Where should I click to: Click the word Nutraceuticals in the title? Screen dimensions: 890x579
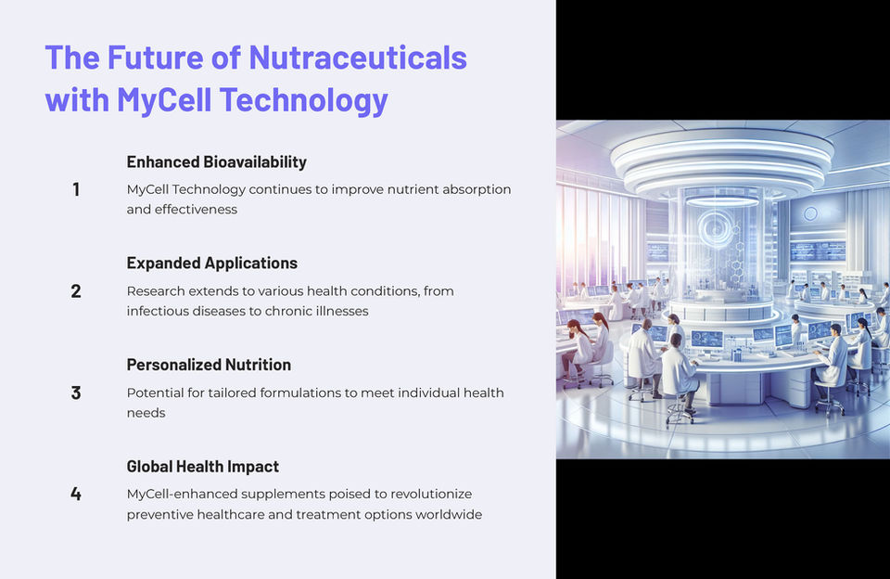[x=358, y=58]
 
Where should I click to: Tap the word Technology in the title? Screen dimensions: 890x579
[x=304, y=100]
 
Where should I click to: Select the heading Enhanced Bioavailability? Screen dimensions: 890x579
[x=216, y=162]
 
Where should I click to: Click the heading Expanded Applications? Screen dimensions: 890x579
[x=211, y=264]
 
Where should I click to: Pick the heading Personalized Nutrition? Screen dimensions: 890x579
[x=209, y=365]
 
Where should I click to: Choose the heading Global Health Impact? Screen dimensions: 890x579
[x=203, y=467]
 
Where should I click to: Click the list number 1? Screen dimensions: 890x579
[x=75, y=189]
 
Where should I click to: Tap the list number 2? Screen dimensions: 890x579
[x=75, y=291]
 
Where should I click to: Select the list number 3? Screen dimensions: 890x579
[x=75, y=392]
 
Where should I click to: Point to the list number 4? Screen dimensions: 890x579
[x=75, y=494]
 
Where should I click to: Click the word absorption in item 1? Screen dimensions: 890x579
[x=477, y=190]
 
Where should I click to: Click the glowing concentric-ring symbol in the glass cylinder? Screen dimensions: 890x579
[x=717, y=228]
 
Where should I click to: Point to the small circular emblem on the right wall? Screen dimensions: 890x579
[x=810, y=213]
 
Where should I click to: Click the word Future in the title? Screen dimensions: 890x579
[x=155, y=58]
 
